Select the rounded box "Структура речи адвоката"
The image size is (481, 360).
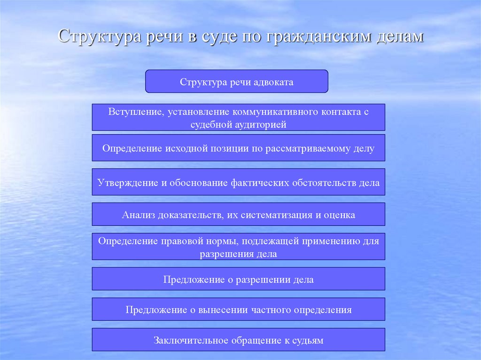click(236, 81)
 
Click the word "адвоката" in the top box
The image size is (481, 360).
click(273, 82)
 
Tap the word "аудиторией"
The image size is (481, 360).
click(261, 124)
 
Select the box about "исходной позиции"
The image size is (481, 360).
click(238, 148)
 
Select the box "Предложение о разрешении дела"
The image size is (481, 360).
click(238, 279)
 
